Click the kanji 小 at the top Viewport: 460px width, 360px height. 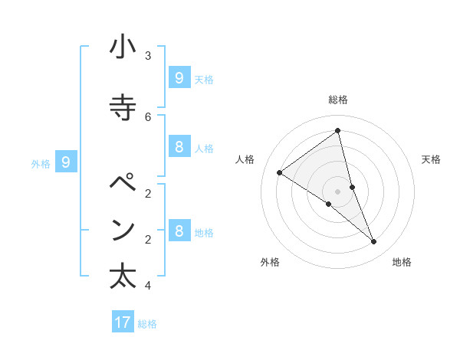tap(123, 48)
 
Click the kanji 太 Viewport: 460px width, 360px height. tap(123, 276)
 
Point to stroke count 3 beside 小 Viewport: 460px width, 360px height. tap(148, 55)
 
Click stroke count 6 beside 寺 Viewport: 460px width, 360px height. tap(148, 116)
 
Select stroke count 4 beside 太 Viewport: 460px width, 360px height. tap(148, 286)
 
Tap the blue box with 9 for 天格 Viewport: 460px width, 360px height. tap(179, 77)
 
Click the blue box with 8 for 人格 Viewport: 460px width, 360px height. tap(179, 146)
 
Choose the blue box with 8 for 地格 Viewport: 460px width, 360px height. tap(179, 231)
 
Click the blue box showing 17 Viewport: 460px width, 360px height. tap(123, 322)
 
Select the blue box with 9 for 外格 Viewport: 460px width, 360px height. tap(66, 162)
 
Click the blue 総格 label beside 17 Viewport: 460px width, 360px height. tap(147, 324)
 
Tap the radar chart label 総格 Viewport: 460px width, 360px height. tap(338, 100)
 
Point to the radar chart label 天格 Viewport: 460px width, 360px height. tap(431, 159)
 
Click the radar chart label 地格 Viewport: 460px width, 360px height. tap(402, 262)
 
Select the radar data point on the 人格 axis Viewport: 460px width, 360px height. tap(279, 173)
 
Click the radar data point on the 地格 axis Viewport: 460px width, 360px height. tap(374, 242)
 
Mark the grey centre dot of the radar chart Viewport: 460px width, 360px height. tap(338, 191)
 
